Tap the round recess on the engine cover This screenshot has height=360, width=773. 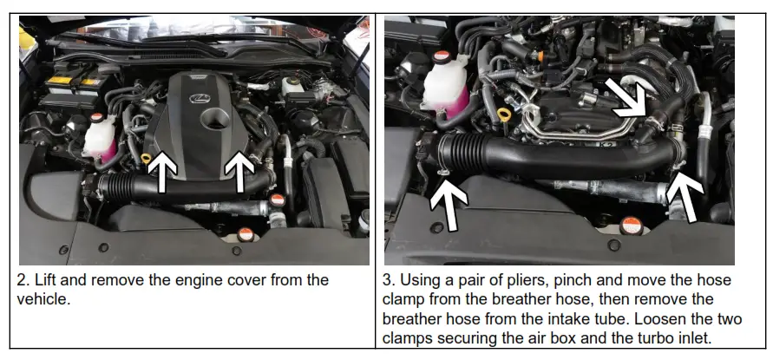(x=210, y=118)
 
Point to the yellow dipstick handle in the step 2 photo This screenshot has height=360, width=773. (x=147, y=158)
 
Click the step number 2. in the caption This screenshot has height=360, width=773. (x=24, y=280)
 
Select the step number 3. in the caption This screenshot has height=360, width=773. (x=390, y=280)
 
